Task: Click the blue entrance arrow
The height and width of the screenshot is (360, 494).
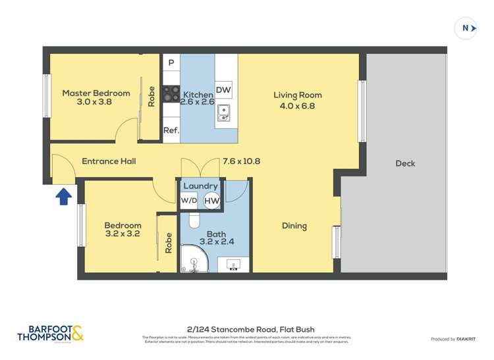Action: click(63, 196)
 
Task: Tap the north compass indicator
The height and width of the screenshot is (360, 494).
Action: click(466, 28)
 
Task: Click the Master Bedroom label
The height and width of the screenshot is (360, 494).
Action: click(96, 93)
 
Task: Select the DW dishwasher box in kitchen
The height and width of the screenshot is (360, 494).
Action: click(223, 90)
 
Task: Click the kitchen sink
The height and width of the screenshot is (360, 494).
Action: click(224, 114)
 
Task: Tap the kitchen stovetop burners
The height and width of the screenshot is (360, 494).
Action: click(171, 94)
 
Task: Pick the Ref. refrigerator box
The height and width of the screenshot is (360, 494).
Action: click(171, 130)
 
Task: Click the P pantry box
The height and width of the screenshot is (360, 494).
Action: click(171, 63)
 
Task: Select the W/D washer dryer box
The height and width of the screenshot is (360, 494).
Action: click(189, 200)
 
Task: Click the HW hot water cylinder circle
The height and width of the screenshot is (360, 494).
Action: click(212, 201)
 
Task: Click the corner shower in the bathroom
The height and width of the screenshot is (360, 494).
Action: click(194, 259)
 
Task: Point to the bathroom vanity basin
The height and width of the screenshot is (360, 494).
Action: click(234, 265)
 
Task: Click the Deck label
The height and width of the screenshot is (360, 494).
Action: click(405, 163)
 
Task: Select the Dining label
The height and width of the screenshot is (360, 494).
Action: click(294, 226)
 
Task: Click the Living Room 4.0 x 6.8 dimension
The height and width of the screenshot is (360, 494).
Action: click(298, 105)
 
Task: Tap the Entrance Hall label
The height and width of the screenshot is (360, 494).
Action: click(109, 161)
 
